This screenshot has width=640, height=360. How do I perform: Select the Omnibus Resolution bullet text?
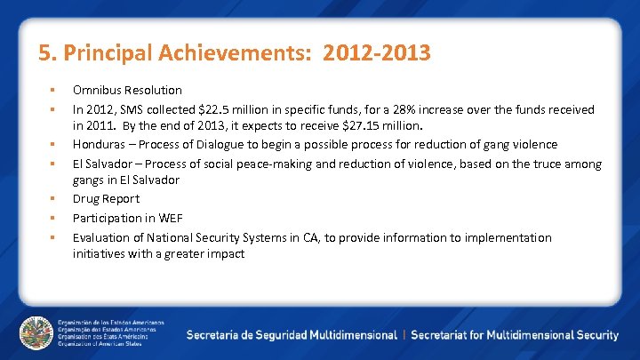[x=127, y=90]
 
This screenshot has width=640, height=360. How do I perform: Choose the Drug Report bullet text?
[x=106, y=199]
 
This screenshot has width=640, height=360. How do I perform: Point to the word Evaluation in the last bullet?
[x=101, y=237]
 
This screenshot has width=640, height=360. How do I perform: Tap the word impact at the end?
[x=226, y=254]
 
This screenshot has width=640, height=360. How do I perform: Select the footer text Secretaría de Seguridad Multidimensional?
[x=292, y=335]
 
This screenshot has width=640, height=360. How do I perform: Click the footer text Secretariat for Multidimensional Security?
[x=515, y=335]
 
